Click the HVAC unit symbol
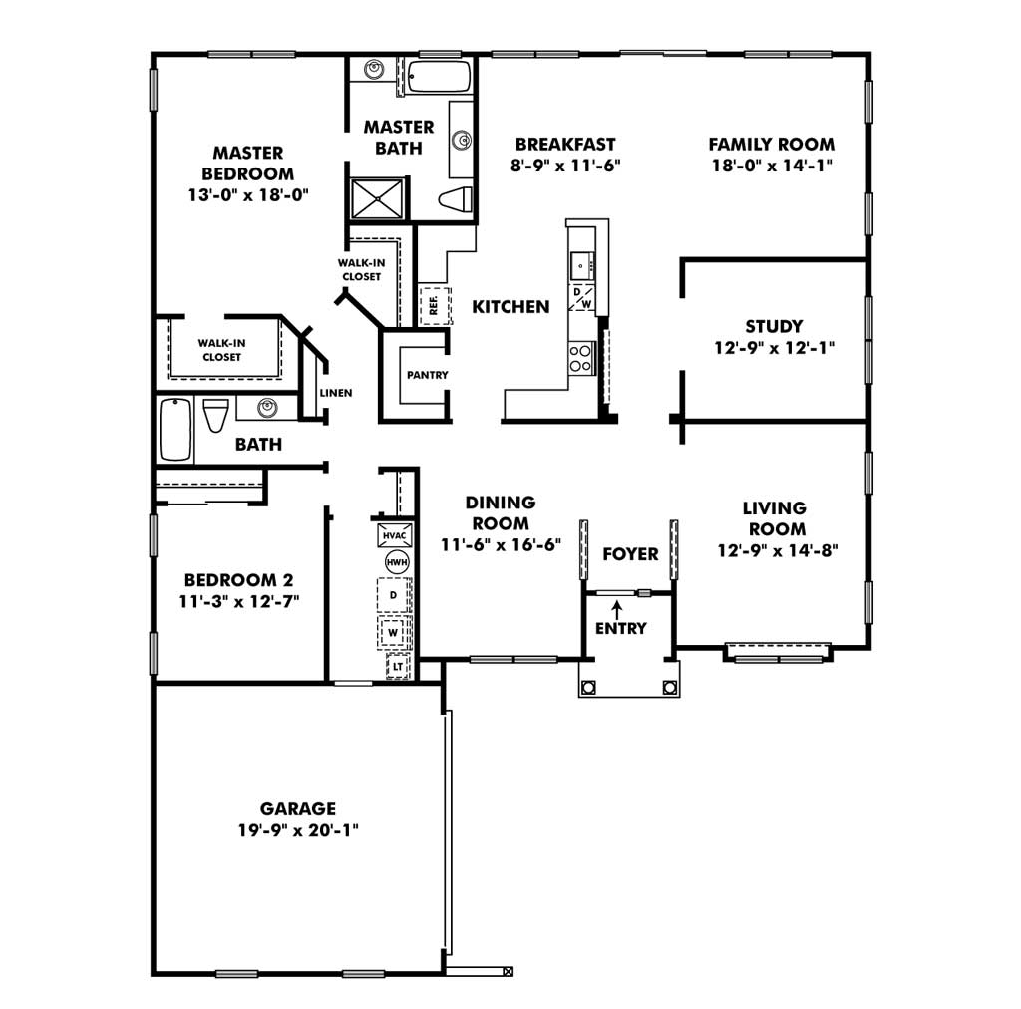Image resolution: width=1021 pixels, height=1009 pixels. [395, 535]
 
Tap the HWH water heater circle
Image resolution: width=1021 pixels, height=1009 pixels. [397, 562]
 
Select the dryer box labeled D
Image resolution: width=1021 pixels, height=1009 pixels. [394, 595]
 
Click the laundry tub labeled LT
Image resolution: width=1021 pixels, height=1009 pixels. [398, 667]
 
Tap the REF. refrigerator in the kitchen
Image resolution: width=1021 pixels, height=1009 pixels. [435, 304]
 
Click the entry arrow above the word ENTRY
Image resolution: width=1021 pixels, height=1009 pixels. [616, 610]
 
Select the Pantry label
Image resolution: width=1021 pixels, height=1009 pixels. [427, 375]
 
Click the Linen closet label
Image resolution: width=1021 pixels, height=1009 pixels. [336, 393]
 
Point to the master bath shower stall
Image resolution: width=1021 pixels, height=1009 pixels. [377, 198]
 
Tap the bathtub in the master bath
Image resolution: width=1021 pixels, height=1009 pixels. [439, 77]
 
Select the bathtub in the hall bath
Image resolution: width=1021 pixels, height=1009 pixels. [175, 430]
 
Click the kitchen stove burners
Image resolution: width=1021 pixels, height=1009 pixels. [581, 358]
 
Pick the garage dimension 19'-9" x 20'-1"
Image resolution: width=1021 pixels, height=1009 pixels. [298, 830]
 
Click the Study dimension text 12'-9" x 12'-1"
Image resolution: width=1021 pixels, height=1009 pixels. [774, 348]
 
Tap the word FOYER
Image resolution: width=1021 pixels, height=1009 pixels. [630, 554]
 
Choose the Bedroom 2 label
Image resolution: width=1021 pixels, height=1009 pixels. [239, 580]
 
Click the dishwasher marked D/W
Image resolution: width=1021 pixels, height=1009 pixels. [582, 297]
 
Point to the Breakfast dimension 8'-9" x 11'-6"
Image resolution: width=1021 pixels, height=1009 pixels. [565, 166]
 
